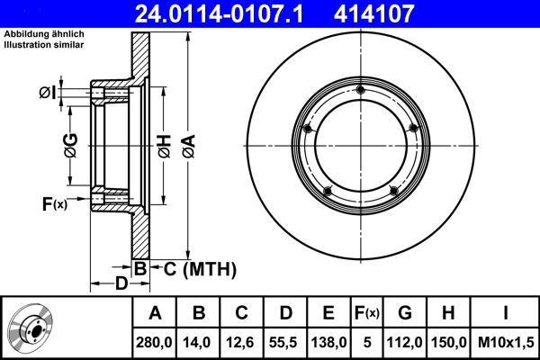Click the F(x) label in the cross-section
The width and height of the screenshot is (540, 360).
(x=54, y=205)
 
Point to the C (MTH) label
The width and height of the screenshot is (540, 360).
(x=199, y=268)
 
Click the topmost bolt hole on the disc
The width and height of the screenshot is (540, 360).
(x=360, y=89)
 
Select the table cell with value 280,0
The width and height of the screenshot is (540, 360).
(x=155, y=343)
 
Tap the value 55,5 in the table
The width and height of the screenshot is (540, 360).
(x=285, y=343)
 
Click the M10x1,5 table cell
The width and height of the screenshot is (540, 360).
(x=506, y=343)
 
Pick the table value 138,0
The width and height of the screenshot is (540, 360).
(x=328, y=343)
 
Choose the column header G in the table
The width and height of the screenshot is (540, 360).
(x=405, y=314)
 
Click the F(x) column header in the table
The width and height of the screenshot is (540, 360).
(x=367, y=314)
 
